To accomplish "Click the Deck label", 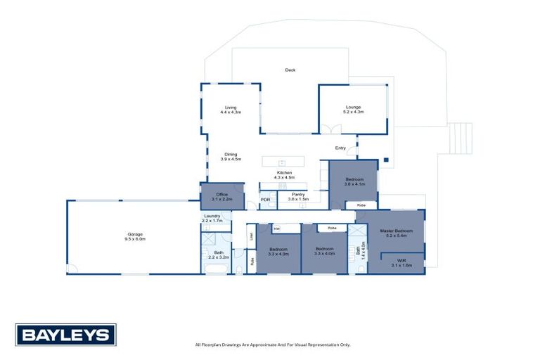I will [290, 70].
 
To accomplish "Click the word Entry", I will [340, 148].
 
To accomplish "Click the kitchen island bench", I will [283, 161].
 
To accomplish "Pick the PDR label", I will [266, 200].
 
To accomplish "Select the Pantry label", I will [298, 197].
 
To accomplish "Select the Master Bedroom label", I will [395, 233].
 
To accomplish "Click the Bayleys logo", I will [66, 335].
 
